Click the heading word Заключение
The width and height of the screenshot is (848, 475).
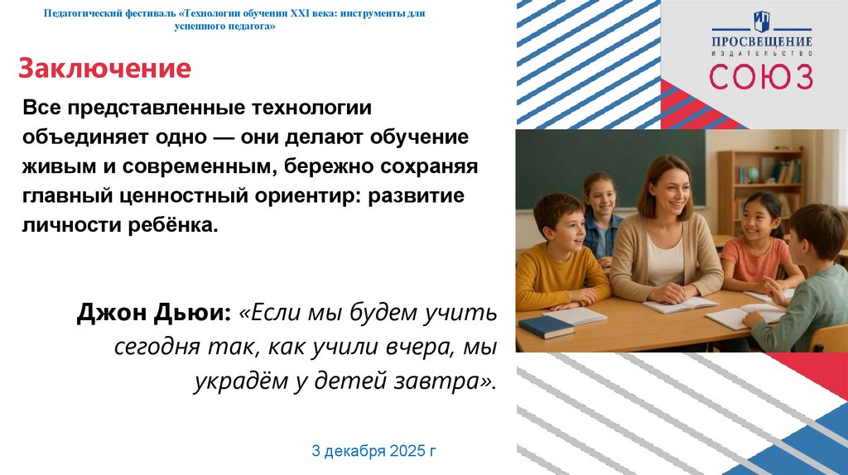click(x=104, y=68)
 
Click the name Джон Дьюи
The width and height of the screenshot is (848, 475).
click(x=154, y=314)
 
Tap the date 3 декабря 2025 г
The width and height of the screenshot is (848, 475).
click(x=373, y=451)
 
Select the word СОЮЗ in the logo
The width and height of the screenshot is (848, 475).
click(x=760, y=76)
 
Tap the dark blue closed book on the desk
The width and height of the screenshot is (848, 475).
click(x=546, y=326)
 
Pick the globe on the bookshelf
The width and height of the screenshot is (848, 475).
click(x=741, y=174)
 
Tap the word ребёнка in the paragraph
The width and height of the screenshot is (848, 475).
click(x=176, y=225)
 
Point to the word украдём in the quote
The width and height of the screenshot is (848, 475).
click(x=237, y=381)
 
